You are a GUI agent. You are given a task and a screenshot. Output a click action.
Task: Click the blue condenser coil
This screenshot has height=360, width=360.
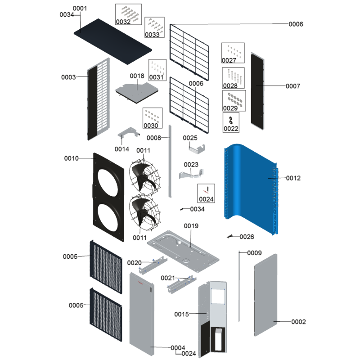pos(250,184)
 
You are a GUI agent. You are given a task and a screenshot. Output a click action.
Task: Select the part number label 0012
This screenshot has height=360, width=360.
pos(293,178)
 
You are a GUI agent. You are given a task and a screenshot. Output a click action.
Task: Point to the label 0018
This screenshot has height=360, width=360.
pos(137,76)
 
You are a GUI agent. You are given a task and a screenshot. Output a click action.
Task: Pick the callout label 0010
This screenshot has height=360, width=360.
pos(72,158)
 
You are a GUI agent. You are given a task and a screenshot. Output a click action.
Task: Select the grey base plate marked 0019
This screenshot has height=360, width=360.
pos(184,252)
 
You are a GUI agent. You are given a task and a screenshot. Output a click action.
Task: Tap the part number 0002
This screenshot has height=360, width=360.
pos(299,322)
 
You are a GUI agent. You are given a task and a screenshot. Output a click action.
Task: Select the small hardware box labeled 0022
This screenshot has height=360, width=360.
pos(231,121)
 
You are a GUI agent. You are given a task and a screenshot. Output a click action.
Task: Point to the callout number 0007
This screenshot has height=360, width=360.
pos(292,86)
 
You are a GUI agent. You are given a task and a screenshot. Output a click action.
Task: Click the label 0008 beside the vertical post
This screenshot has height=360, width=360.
pos(154,138)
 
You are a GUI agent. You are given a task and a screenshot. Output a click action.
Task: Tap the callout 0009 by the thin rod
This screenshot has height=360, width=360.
pos(254,253)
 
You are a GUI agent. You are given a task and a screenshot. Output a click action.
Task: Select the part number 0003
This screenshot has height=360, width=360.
pos(69,77)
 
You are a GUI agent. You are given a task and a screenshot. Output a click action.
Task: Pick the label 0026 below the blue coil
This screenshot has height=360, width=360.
pos(247,237)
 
